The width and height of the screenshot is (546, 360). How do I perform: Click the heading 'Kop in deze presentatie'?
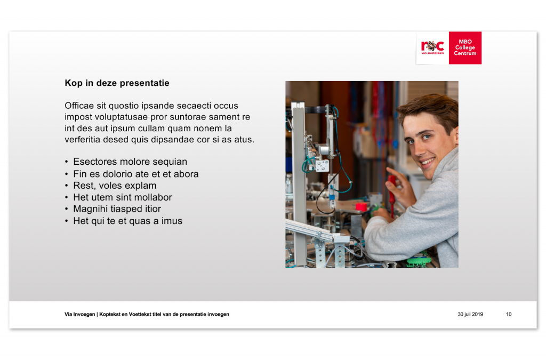coord(117,83)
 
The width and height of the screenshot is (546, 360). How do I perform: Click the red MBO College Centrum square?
coord(465,47)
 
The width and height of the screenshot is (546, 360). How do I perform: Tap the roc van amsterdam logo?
coord(432,47)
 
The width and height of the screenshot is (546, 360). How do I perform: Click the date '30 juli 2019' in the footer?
coord(470,314)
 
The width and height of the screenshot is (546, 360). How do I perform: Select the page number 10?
coord(509,314)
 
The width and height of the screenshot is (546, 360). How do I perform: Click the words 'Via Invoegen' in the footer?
coord(80,314)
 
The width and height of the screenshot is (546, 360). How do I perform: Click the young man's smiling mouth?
coord(428,162)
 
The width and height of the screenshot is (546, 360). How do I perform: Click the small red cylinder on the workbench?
coord(362,207)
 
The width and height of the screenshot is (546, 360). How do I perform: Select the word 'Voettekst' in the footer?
coord(140,314)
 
